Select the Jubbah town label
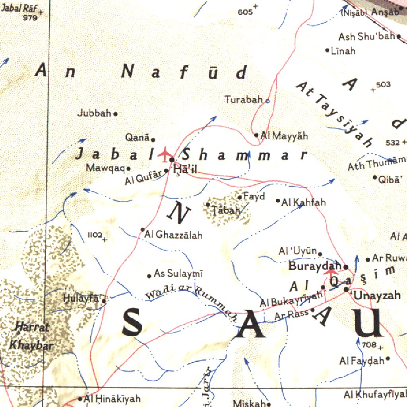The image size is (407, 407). (94, 113)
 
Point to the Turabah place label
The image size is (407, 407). (244, 100)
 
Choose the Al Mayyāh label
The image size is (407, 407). (285, 136)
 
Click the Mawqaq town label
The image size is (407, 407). (105, 168)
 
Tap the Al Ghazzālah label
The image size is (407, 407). (174, 235)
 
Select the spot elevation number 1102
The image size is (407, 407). (95, 235)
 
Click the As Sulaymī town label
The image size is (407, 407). (178, 273)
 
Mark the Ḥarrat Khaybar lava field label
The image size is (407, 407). (31, 336)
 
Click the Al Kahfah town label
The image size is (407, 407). (304, 202)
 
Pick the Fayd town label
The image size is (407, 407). (254, 197)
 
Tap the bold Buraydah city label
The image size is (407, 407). (315, 266)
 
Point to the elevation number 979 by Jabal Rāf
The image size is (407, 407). (30, 18)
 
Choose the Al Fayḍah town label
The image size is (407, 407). (362, 361)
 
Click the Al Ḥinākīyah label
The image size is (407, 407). (112, 399)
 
